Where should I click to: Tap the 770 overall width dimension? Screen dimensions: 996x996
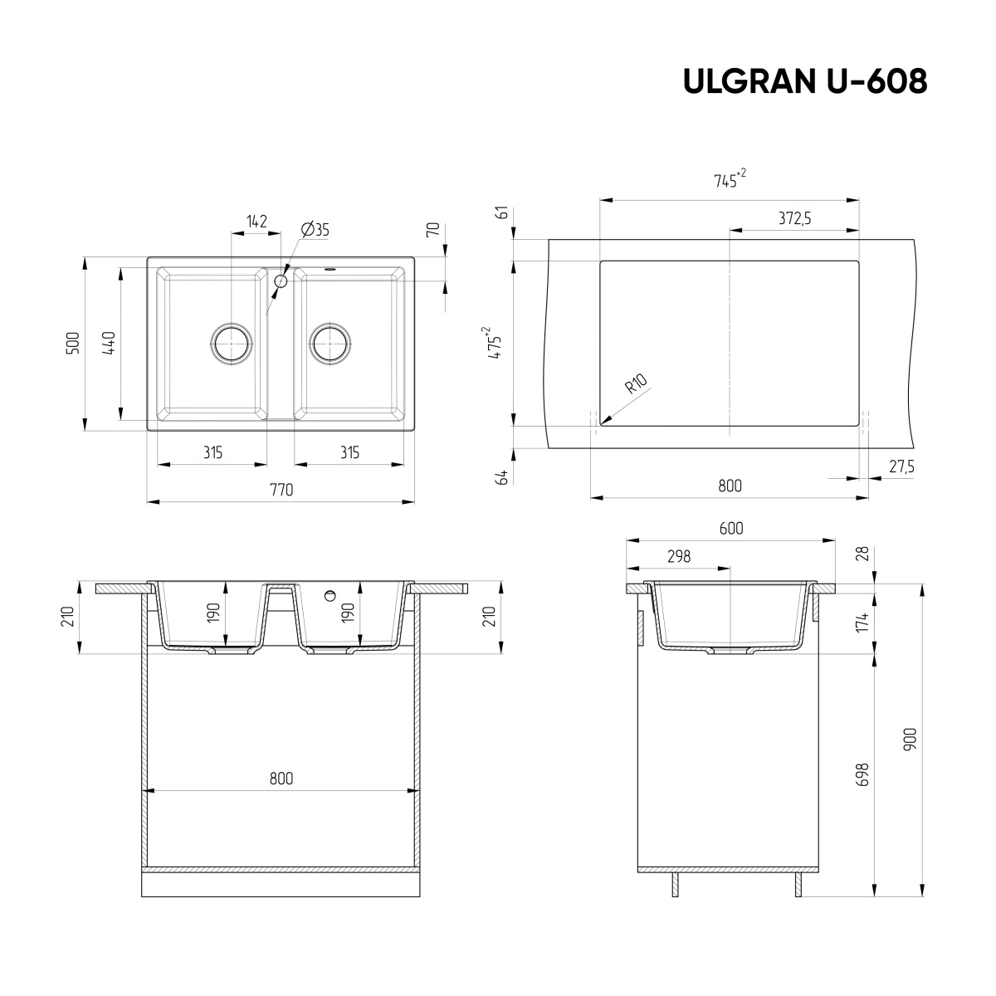point(281,490)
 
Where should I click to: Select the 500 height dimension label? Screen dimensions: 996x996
point(73,344)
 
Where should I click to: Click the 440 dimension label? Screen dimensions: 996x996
point(109,344)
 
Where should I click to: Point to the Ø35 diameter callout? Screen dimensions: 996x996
point(315,230)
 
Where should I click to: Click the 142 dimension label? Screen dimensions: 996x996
point(256,221)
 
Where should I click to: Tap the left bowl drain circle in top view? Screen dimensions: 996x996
point(231,342)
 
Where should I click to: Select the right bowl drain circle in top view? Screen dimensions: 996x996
point(330,342)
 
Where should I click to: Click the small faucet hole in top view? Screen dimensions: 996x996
point(281,281)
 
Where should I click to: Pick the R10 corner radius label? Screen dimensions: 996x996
point(637,385)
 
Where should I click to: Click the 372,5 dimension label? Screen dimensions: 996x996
point(794,218)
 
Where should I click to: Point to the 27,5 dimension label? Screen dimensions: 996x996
point(901,467)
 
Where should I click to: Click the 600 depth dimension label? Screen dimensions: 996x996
point(730,529)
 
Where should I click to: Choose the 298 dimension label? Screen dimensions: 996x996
point(678,557)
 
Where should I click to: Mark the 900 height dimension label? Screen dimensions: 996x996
point(910,740)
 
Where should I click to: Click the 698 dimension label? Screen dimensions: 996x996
point(862,776)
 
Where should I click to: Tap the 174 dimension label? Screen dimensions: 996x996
point(862,621)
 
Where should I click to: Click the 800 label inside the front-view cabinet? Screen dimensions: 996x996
point(281,779)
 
